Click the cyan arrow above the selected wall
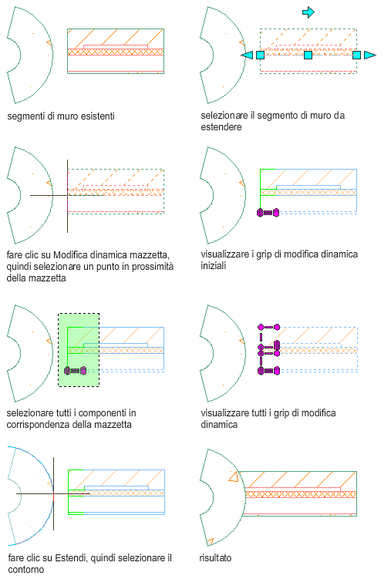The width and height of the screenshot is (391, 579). coord(308,12)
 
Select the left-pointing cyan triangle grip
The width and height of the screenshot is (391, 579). coord(248,55)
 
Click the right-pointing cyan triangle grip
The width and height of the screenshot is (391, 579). coord(369,55)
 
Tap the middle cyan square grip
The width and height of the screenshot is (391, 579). coord(308,55)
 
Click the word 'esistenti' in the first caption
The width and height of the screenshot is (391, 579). coord(97,116)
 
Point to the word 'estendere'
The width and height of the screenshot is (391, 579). coord(221,127)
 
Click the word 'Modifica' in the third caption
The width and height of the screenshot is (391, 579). coord(70,254)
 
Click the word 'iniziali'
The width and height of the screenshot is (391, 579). coord(214,265)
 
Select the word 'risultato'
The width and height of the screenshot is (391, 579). coord(215,557)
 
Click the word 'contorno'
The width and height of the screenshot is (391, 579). coord(26,570)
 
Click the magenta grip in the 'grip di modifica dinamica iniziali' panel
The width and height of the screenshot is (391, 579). coord(268,213)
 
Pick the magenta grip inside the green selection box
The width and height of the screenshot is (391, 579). coord(76,370)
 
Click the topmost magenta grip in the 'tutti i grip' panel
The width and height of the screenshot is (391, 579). coord(269,327)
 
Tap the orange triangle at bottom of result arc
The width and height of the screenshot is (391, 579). coord(210,542)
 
